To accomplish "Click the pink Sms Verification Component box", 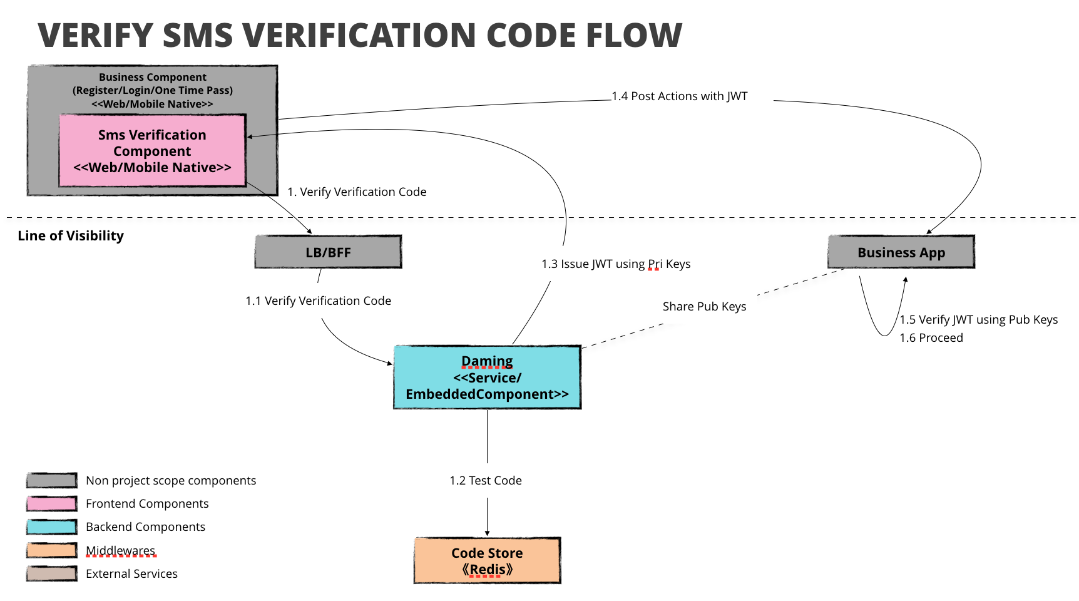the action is [x=153, y=150].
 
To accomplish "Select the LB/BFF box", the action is [x=328, y=252].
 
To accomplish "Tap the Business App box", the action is [x=901, y=252].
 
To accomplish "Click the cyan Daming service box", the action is [x=487, y=377].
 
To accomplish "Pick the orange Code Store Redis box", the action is [x=487, y=560].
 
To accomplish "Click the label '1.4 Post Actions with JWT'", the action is [x=680, y=96].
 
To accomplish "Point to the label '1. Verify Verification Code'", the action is [x=357, y=192].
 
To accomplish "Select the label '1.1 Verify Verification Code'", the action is [x=319, y=301].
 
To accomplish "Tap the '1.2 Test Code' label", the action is [x=486, y=481].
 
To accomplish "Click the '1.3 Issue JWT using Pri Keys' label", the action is [x=616, y=264].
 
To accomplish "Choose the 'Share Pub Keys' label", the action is [x=705, y=307].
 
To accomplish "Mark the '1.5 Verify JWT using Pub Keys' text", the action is [x=979, y=320].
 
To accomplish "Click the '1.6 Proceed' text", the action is [x=931, y=338].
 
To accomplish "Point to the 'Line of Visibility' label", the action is [x=71, y=236].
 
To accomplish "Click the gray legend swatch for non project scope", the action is [x=52, y=480].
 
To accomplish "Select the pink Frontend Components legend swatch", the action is [x=52, y=503].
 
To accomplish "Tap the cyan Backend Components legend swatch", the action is [x=52, y=527].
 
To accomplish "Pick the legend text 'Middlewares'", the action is [x=120, y=551].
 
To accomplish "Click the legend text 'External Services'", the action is [x=131, y=574].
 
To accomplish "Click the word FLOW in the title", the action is [x=634, y=35].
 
